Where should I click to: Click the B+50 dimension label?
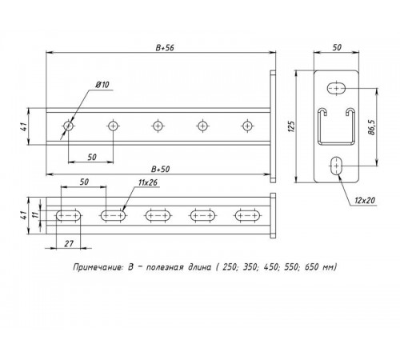pos(162,169)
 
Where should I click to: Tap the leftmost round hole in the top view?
pos(69,125)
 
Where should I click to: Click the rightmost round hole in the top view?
pos(246,125)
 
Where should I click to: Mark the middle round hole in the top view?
pos(158,125)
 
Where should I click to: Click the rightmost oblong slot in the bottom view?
pos(246,214)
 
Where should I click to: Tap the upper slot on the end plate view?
pos(337,86)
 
